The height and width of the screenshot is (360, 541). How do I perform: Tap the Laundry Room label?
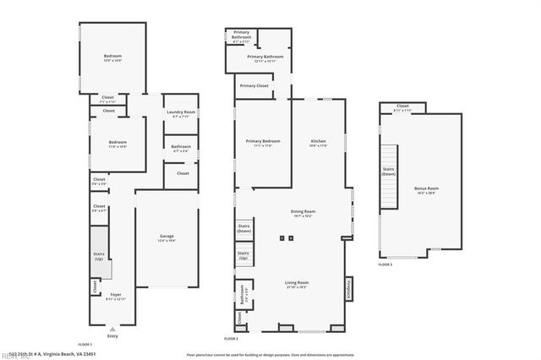[181, 114]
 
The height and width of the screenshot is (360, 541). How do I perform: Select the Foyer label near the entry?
[116, 296]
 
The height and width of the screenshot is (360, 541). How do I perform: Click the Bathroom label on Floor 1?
[180, 148]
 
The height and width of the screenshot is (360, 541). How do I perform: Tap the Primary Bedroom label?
[263, 142]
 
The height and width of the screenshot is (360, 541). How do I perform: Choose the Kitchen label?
[319, 142]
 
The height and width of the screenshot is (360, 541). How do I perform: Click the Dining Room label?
[303, 213]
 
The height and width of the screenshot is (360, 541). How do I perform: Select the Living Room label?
[297, 283]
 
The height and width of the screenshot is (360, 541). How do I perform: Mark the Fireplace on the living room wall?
[346, 290]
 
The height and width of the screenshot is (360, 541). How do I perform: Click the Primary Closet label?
[254, 85]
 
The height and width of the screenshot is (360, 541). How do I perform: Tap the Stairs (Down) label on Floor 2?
[244, 228]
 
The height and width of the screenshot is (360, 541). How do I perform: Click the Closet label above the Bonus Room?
[402, 108]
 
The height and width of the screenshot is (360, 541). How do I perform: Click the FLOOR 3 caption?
[385, 265]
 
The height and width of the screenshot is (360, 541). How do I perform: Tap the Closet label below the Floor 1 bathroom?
[183, 172]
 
